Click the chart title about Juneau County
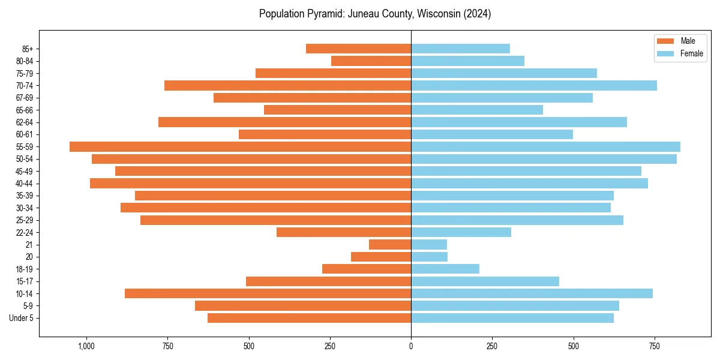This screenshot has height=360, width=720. tap(375, 14)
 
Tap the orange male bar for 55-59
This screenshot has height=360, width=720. tap(240, 146)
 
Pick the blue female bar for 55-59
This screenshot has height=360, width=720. tap(545, 146)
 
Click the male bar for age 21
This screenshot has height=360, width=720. tap(390, 244)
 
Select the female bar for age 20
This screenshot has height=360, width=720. tap(429, 257)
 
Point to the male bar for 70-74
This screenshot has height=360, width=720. tap(287, 85)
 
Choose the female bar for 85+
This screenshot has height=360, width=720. tap(460, 49)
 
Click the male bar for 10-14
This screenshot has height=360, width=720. tap(268, 293)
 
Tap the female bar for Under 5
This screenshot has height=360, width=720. tap(512, 318)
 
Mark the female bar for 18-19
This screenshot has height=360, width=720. tap(445, 269)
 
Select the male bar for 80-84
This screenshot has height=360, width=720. tap(371, 61)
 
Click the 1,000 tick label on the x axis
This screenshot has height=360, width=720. tap(86, 346)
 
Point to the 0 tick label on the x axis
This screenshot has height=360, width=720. tap(411, 346)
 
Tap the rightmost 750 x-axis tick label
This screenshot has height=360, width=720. tap(655, 346)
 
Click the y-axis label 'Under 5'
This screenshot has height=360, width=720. tap(22, 318)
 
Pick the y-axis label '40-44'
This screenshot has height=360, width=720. tap(25, 183)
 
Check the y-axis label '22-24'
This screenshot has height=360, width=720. tap(25, 232)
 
